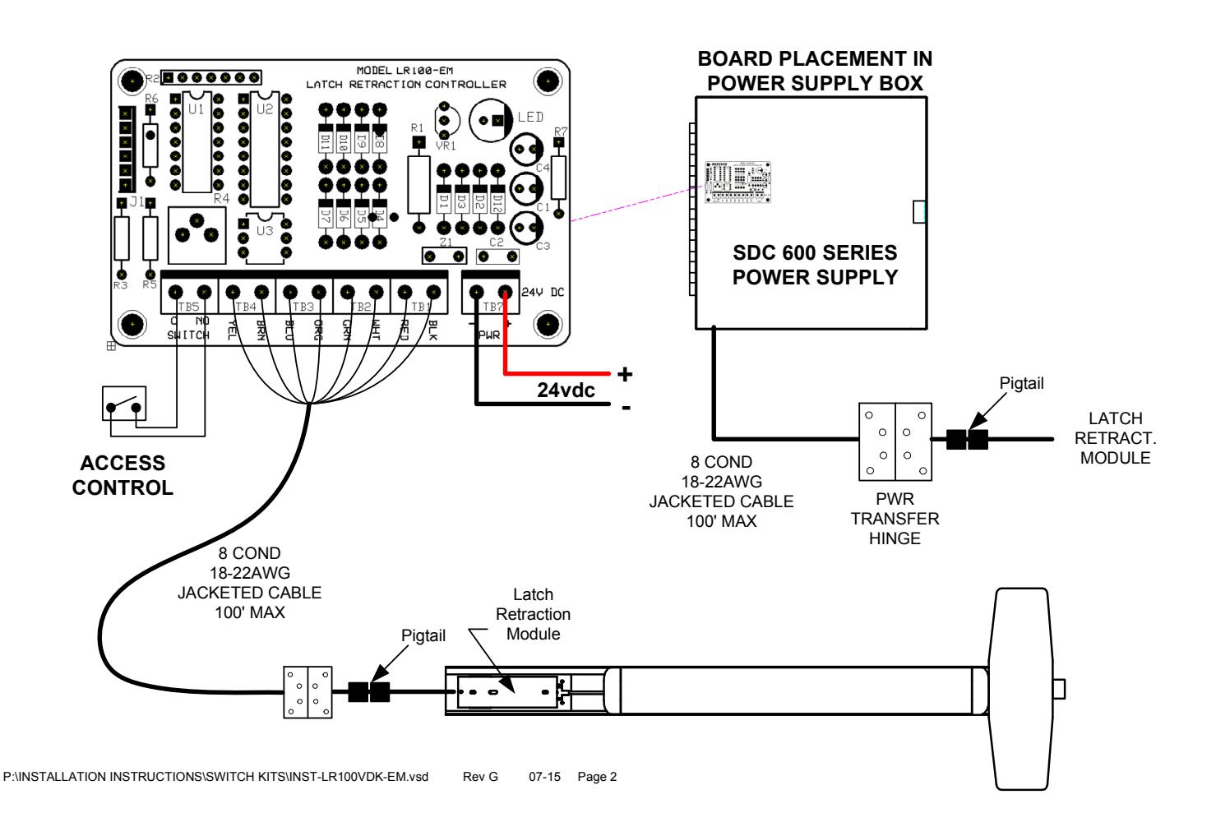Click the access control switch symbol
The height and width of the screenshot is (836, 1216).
(x=124, y=405)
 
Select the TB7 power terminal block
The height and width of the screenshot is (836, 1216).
(x=491, y=293)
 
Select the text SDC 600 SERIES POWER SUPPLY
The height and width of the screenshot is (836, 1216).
(x=815, y=265)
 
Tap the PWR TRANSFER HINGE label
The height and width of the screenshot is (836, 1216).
(x=895, y=519)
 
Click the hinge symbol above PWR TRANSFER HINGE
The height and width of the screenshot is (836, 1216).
(x=895, y=441)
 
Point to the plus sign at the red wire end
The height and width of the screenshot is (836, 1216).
(x=625, y=375)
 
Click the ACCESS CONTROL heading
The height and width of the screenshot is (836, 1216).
(x=123, y=475)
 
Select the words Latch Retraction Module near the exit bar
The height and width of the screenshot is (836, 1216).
(x=533, y=614)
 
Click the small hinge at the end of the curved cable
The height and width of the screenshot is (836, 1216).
(x=307, y=692)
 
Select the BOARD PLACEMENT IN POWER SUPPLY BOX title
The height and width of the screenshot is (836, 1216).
(x=814, y=71)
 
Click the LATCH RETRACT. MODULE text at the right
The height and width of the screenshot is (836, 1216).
(x=1115, y=438)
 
